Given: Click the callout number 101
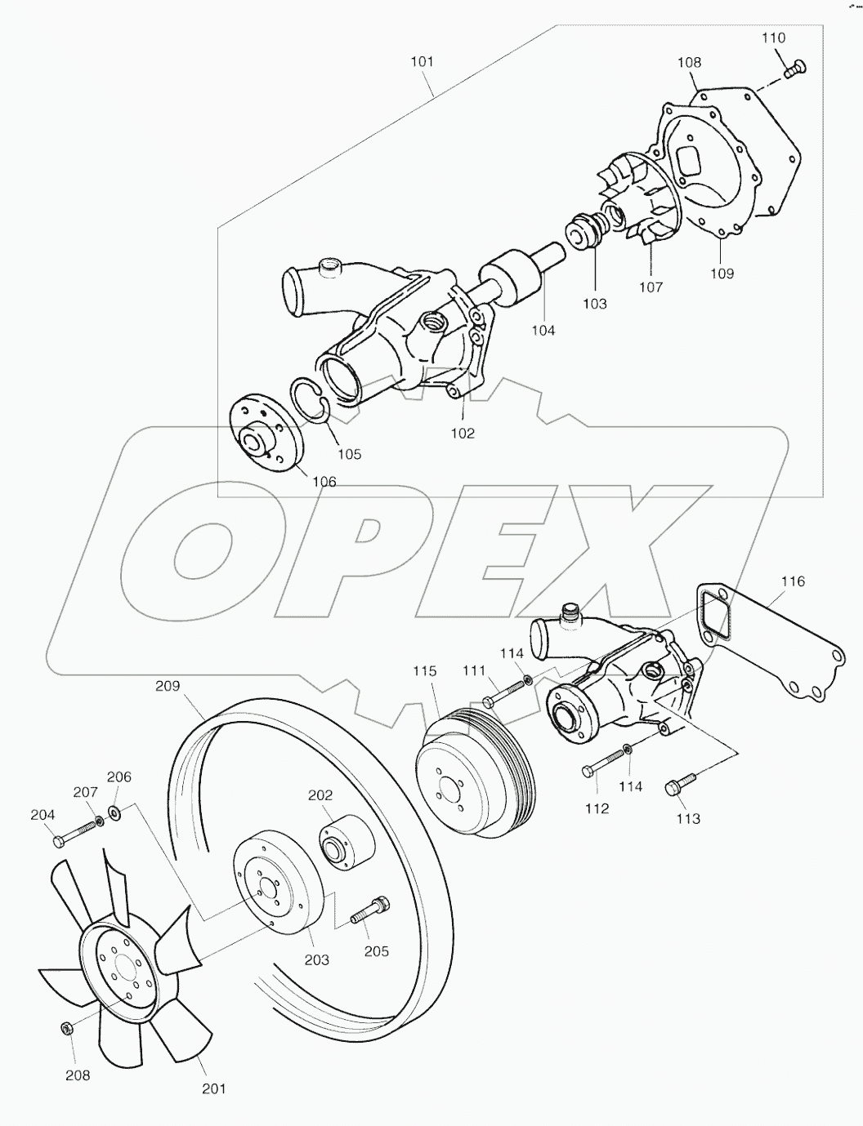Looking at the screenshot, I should [x=423, y=62].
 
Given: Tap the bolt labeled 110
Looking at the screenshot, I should [x=794, y=69].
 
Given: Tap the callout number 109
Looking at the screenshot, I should [x=722, y=274].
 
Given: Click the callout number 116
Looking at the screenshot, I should [x=793, y=581].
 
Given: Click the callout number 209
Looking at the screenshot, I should [x=168, y=687].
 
